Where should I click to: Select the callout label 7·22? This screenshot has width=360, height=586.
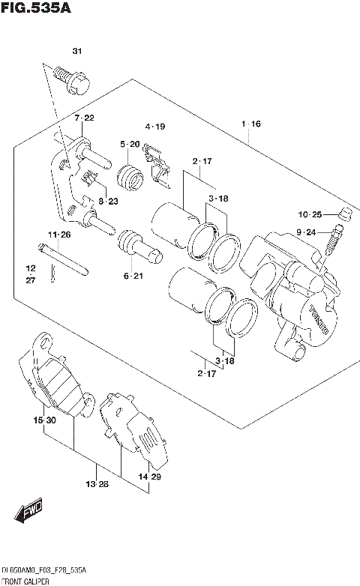[x=83, y=118]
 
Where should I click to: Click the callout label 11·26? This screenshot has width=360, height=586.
[x=59, y=235]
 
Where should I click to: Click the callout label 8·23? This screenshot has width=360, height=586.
[x=108, y=201]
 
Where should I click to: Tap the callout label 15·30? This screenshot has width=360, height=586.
[x=45, y=421]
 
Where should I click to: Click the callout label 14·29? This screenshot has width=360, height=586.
[x=149, y=477]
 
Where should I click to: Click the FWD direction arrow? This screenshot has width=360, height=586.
[x=29, y=515]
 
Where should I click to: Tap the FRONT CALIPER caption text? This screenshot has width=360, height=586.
[x=27, y=581]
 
